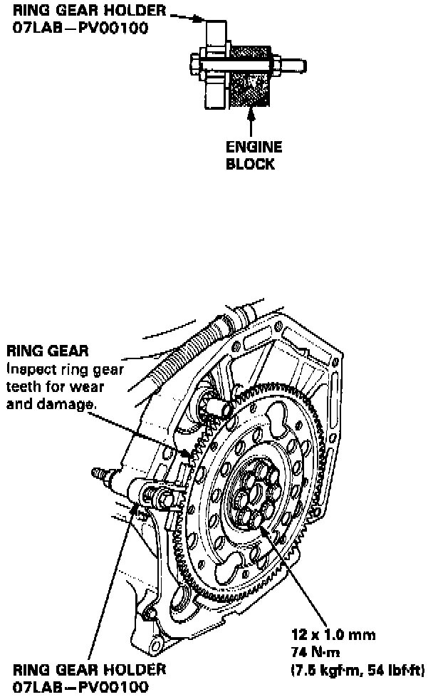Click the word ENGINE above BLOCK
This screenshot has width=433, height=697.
pos(254,148)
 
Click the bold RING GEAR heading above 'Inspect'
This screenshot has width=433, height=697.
pos(48,351)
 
